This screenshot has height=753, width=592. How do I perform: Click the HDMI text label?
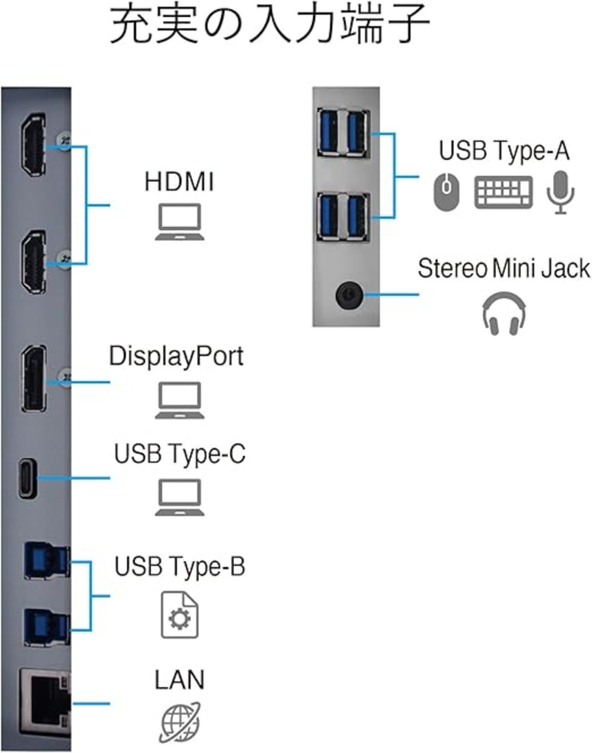[x=179, y=181]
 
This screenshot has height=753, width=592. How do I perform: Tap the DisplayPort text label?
[x=176, y=356]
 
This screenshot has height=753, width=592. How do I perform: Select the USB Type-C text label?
[x=179, y=454]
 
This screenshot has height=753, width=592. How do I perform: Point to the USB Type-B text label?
[x=179, y=567]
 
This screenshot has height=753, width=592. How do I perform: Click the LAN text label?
[x=179, y=679]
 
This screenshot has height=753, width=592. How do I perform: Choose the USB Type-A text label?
[x=504, y=151]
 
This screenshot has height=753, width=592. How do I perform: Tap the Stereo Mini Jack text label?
[x=504, y=268]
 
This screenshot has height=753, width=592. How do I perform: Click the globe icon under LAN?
[x=180, y=722]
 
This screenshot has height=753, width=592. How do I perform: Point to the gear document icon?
[x=179, y=615]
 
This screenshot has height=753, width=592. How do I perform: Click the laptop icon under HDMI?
[x=179, y=222]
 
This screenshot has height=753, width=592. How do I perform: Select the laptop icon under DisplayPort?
[x=179, y=401]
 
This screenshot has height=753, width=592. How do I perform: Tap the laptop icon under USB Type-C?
[x=179, y=498]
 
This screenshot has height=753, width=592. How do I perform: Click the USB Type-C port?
[x=28, y=478]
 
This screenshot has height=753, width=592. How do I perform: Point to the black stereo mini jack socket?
[x=348, y=295]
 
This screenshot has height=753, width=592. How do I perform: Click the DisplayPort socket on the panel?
[x=34, y=378]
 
